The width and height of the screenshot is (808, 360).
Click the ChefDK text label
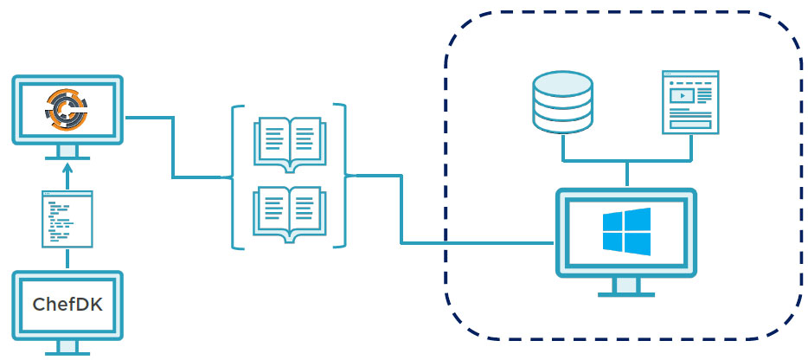67,305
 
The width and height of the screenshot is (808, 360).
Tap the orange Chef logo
67,108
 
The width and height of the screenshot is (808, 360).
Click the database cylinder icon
563,102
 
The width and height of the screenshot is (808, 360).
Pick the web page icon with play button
690,101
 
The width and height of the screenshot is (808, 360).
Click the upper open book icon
288,141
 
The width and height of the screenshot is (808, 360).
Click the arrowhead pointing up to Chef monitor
67,170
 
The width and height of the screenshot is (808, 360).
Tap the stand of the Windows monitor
625,287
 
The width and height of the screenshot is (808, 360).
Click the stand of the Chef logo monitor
67,153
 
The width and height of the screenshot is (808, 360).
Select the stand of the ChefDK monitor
67,348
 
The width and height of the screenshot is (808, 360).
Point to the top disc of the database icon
563,83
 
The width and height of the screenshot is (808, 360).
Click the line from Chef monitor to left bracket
173,147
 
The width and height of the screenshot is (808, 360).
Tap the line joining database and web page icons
627,161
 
